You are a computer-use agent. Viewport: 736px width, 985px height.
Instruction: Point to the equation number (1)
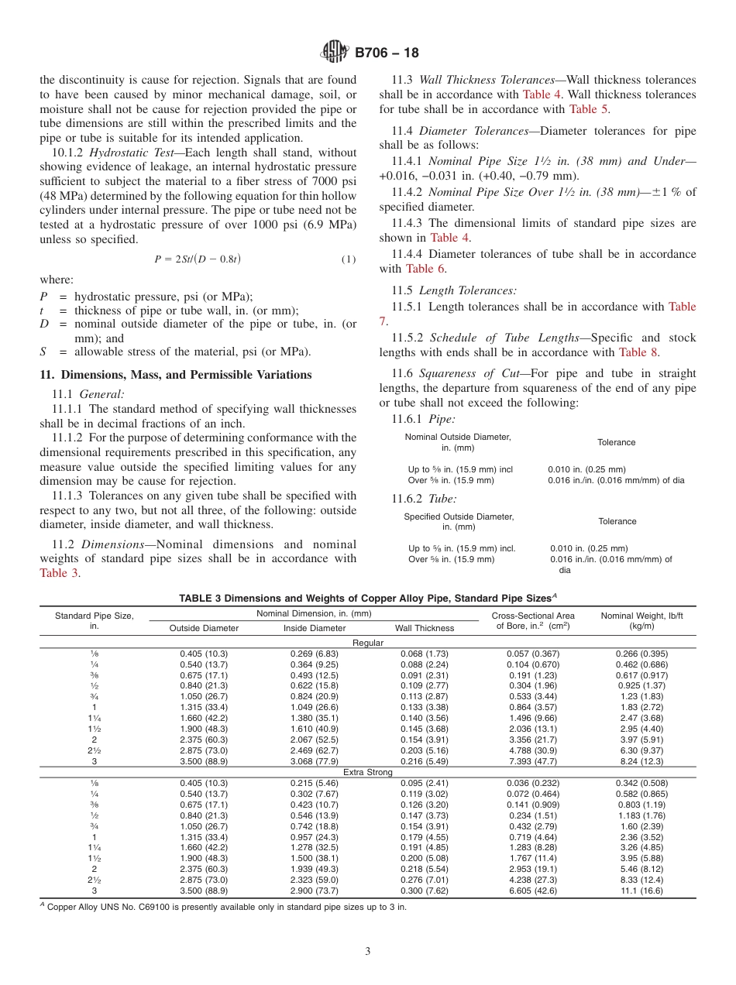click(x=349, y=259)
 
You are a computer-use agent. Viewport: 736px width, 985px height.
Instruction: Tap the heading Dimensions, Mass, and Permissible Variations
click(x=176, y=375)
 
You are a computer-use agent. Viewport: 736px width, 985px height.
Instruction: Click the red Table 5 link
click(x=583, y=109)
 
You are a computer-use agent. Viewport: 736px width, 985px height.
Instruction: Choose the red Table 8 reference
click(x=638, y=352)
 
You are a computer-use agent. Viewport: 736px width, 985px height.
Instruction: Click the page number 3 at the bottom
click(x=367, y=951)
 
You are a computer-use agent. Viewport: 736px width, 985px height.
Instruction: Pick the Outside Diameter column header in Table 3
click(x=204, y=628)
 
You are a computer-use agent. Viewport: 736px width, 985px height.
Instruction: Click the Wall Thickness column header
click(x=425, y=628)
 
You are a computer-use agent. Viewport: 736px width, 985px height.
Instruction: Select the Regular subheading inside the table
click(x=367, y=643)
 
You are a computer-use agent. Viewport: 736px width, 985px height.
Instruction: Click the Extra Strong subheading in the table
click(x=367, y=772)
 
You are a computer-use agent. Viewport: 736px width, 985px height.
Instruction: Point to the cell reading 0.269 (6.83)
click(x=314, y=654)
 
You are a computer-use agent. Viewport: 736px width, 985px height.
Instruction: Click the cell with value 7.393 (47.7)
click(x=534, y=761)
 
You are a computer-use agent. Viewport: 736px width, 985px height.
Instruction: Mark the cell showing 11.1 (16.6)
click(x=642, y=891)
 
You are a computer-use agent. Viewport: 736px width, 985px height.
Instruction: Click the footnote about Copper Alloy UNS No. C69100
click(x=225, y=907)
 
